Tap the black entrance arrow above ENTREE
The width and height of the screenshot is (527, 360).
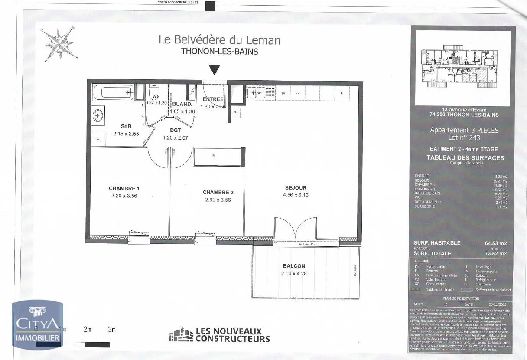(215, 70)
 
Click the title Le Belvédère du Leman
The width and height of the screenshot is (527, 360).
(219, 40)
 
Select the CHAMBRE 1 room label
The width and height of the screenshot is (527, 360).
(124, 189)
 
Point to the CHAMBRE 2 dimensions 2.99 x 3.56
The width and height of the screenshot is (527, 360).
(218, 200)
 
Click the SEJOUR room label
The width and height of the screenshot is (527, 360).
(296, 188)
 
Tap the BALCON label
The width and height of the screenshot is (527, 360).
(294, 266)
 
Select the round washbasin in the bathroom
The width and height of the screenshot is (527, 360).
(98, 116)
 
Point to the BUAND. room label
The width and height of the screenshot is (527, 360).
(182, 105)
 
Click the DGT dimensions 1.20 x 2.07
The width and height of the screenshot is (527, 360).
(176, 138)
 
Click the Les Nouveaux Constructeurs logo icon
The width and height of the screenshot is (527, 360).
(181, 335)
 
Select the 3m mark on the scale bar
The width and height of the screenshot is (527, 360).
(112, 330)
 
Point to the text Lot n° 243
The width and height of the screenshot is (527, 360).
(464, 137)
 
